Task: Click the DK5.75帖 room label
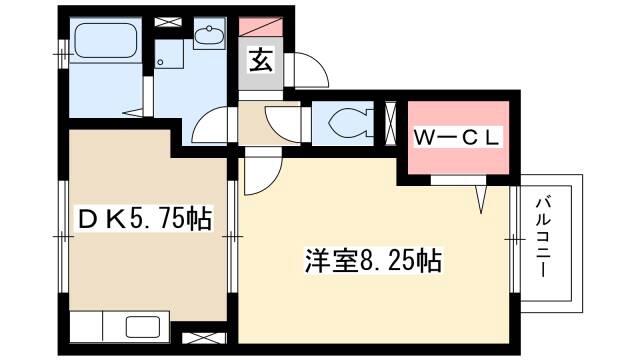pyautogui.click(x=145, y=219)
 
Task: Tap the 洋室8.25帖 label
pyautogui.click(x=373, y=260)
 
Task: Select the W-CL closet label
pyautogui.click(x=456, y=138)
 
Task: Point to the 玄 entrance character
pyautogui.click(x=260, y=60)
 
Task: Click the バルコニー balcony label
pyautogui.click(x=543, y=237)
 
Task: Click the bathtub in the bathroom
pyautogui.click(x=106, y=40)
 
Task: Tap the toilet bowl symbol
pyautogui.click(x=350, y=123)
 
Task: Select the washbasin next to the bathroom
pyautogui.click(x=209, y=35)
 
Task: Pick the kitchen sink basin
pyautogui.click(x=142, y=327)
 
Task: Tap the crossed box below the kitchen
pyautogui.click(x=204, y=338)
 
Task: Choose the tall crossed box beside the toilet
pyautogui.click(x=391, y=123)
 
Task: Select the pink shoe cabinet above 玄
pyautogui.click(x=260, y=27)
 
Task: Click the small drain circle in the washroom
pyautogui.click(x=160, y=62)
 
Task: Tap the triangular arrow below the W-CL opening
pyautogui.click(x=482, y=200)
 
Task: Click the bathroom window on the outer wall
pyautogui.click(x=63, y=54)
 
